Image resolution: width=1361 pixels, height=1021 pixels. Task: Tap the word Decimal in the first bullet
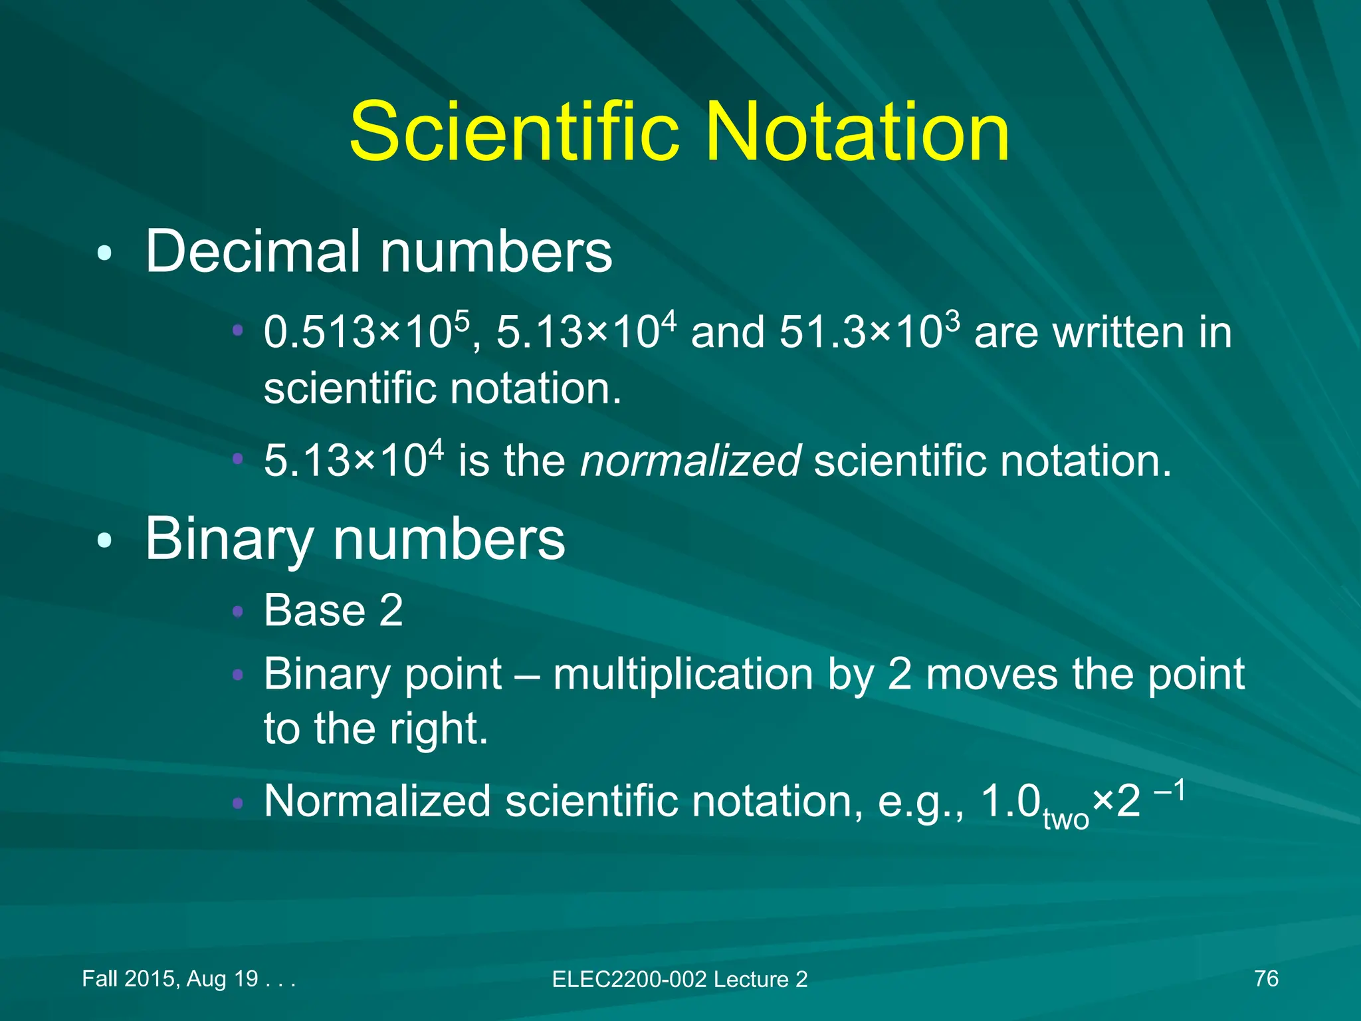tap(254, 251)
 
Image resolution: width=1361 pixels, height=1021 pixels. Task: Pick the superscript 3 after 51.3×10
tap(952, 320)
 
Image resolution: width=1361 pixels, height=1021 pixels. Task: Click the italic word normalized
tap(690, 460)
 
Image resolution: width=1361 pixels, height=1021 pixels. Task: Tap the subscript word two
tap(1066, 820)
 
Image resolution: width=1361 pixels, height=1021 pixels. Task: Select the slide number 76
tap(1266, 978)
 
